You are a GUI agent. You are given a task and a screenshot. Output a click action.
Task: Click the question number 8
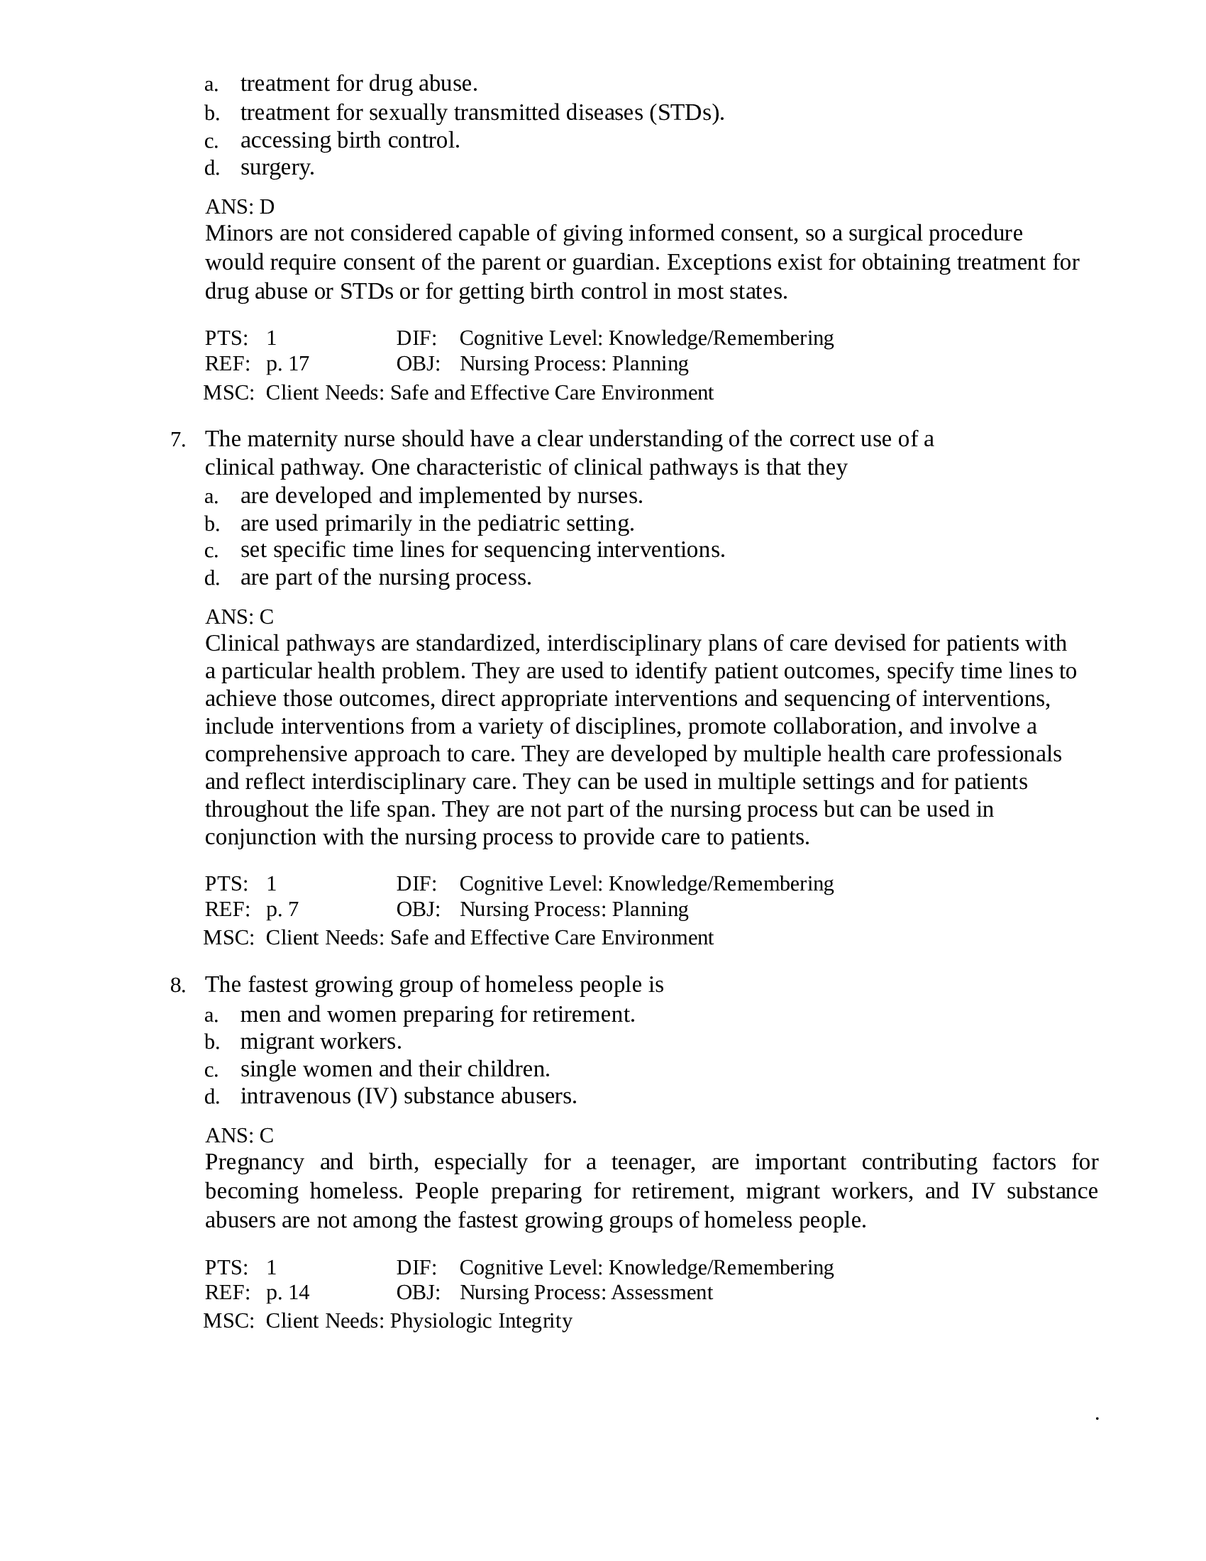click(177, 986)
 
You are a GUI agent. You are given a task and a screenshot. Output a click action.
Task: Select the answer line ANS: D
click(239, 207)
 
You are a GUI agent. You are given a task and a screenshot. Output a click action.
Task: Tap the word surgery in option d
click(277, 168)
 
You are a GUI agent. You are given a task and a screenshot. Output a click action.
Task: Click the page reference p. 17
click(287, 364)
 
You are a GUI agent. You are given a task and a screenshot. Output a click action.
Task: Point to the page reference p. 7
click(282, 909)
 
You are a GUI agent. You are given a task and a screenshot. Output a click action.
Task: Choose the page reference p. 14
click(287, 1292)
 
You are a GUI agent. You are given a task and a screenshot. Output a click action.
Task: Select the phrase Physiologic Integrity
click(481, 1321)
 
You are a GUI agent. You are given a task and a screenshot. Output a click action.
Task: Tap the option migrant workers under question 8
click(321, 1042)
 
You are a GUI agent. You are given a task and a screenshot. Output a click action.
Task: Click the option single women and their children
click(395, 1069)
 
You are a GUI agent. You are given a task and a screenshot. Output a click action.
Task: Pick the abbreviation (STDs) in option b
click(687, 113)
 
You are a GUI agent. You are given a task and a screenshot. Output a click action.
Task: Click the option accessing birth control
click(350, 140)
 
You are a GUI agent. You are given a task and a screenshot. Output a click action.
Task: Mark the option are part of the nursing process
click(386, 578)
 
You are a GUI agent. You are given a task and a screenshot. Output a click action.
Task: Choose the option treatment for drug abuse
click(359, 84)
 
